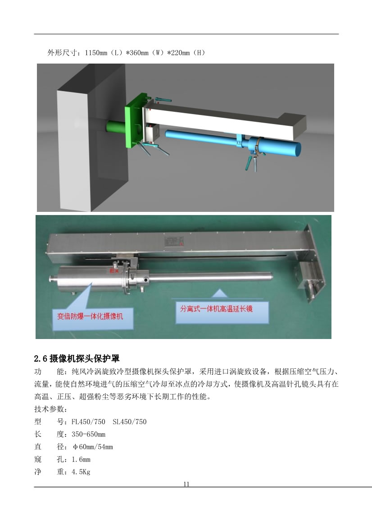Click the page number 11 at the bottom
pos(186,484)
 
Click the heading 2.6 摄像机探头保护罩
pos(77,358)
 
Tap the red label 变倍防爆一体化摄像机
pos(90,316)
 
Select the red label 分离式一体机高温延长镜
pos(216,308)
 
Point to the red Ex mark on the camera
pos(114,270)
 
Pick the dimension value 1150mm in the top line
pos(96,53)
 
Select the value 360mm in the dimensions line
pos(137,53)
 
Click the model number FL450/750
pos(88,422)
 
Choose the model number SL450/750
pos(130,422)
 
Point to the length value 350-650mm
pos(88,434)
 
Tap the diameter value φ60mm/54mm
pos(92,447)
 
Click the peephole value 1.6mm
pos(81,459)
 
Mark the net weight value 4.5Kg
pos(81,472)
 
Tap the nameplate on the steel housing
pos(174,241)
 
